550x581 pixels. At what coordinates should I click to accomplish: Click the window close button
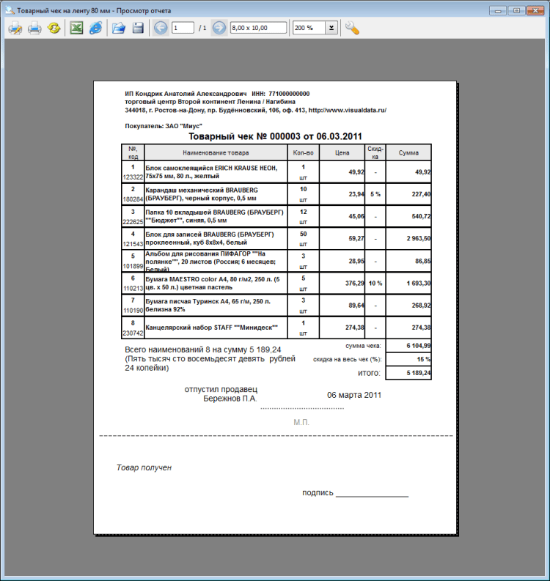535,10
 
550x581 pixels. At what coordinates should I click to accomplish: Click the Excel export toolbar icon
76,28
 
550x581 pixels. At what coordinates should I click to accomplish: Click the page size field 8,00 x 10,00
259,28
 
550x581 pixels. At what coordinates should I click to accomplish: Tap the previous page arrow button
161,28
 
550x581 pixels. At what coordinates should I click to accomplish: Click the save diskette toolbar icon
137,28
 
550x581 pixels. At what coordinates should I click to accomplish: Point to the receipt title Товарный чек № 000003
275,136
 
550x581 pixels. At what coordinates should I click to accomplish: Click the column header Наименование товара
216,152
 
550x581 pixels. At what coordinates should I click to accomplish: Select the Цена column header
341,152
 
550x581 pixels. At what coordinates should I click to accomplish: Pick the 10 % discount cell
375,283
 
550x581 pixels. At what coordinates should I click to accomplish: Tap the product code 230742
132,332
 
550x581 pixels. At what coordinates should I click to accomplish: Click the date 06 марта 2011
354,395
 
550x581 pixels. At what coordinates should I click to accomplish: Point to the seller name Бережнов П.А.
230,399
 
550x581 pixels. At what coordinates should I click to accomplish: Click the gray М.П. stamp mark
301,423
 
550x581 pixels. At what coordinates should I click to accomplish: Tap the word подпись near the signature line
318,492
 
